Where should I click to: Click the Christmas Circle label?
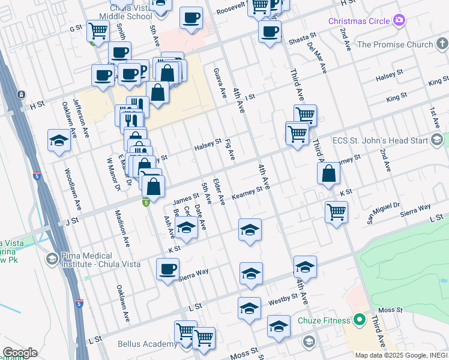coord(358,21)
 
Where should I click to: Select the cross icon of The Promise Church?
coord(442,44)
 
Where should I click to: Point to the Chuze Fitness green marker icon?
coord(360,320)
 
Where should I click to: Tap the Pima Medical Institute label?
coord(89,260)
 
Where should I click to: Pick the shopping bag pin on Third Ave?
coord(328,173)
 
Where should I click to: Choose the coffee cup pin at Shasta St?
coord(270,31)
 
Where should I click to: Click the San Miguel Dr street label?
coord(384,214)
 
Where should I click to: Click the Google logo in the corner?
coord(20,353)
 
